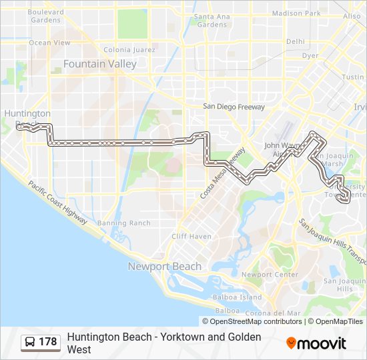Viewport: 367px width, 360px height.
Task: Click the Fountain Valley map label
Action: point(99,64)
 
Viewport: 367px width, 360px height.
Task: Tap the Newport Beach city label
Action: point(164,267)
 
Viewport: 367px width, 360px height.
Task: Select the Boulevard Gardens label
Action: point(45,16)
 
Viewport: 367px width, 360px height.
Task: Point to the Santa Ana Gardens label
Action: point(212,21)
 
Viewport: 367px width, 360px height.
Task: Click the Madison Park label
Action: point(296,13)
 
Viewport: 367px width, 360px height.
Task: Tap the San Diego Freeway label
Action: point(234,107)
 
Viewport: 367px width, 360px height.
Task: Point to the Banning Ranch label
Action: point(123,223)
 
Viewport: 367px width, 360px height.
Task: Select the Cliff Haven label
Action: point(191,237)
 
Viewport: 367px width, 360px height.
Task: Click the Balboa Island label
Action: point(237,297)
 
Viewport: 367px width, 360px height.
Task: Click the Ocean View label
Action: point(49,43)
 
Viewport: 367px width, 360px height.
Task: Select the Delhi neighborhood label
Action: point(296,41)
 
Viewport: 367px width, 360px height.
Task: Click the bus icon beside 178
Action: point(30,342)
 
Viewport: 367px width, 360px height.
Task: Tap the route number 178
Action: point(48,342)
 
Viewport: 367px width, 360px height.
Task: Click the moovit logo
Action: point(316,343)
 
